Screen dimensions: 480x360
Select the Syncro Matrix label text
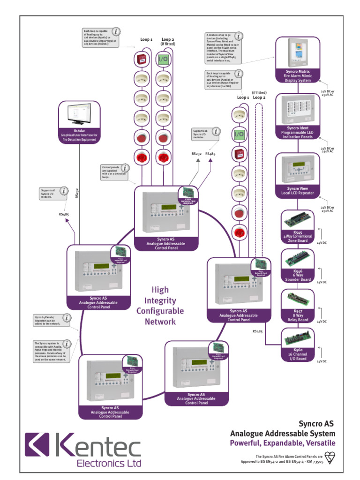[298, 72]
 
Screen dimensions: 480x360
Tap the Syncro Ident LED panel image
[298, 110]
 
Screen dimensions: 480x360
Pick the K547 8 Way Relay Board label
[298, 315]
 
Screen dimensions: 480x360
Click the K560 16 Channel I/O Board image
[298, 337]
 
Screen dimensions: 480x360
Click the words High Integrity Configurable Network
[160, 306]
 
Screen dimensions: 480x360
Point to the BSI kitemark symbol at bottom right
[330, 458]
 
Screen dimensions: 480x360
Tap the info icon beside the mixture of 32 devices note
[239, 36]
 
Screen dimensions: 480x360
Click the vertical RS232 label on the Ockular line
[76, 194]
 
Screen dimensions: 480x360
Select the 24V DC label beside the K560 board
[321, 361]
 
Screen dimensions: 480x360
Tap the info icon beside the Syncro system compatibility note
[67, 344]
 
